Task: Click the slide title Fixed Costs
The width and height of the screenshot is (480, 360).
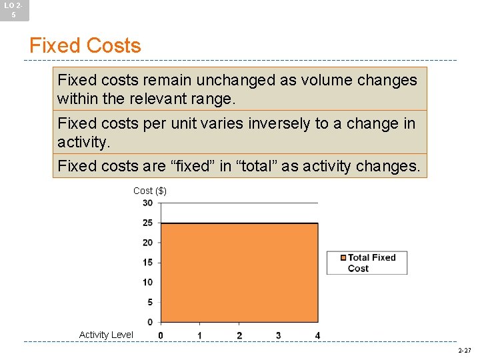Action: click(x=85, y=46)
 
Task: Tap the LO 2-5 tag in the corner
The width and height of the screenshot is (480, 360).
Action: click(x=14, y=9)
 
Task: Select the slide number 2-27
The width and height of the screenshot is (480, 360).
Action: click(x=464, y=350)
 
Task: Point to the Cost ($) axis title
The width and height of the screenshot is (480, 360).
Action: click(x=150, y=191)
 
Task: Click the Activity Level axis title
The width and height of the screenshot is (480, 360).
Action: click(x=106, y=335)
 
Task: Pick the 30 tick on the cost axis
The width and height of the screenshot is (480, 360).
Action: click(x=147, y=203)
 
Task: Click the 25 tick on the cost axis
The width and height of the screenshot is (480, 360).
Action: click(x=147, y=223)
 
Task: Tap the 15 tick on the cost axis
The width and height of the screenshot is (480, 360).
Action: click(x=147, y=263)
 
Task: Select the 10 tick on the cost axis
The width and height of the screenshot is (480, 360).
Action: click(x=147, y=283)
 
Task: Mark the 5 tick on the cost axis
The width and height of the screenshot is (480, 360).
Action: click(x=149, y=303)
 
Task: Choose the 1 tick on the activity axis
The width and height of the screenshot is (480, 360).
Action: click(x=200, y=335)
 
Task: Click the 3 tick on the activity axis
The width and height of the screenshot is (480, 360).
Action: click(x=278, y=335)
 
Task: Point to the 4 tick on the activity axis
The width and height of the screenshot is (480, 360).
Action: click(x=317, y=335)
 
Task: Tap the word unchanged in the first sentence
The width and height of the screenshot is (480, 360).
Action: click(x=239, y=81)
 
